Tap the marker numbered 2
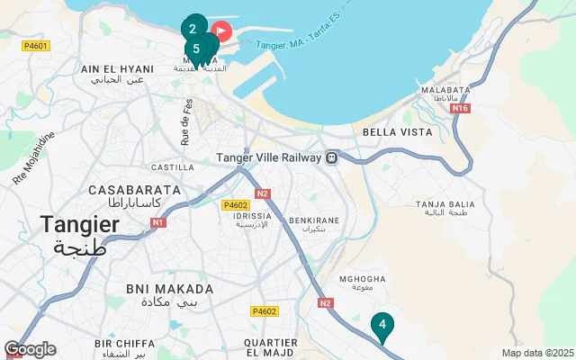point(193,28)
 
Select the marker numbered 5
point(195,49)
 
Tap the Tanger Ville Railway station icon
point(332,157)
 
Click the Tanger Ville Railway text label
point(268,157)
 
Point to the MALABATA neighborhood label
point(447,90)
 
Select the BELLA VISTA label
point(397,131)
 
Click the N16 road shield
point(461,108)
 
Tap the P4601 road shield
point(36,45)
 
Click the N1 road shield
point(158,222)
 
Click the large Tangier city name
point(79,225)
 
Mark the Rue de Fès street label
point(186,121)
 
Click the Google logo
point(30,349)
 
